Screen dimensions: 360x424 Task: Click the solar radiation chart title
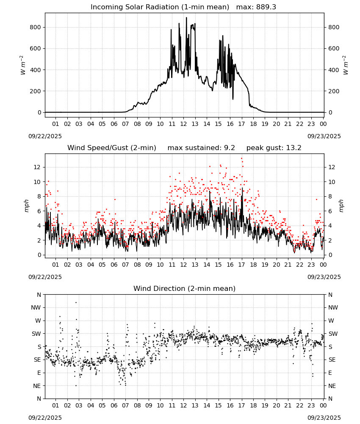coord(160,7)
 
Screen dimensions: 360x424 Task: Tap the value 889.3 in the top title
coord(266,7)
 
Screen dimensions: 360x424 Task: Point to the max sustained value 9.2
coord(230,148)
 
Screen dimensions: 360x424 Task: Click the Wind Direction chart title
coord(185,288)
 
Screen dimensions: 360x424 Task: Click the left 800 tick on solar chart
coord(36,27)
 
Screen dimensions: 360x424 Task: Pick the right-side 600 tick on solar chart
coord(334,49)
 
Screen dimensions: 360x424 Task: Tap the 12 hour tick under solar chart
coord(184,124)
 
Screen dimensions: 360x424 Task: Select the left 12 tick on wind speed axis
coord(37,167)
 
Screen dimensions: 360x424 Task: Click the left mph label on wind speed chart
coord(26,206)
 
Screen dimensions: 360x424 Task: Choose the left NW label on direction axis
coord(36,307)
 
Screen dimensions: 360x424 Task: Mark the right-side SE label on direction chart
coord(332,360)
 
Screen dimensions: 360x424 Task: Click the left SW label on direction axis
coord(36,334)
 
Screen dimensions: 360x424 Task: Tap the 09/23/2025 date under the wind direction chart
coord(324,418)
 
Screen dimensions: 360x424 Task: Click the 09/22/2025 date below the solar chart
coord(45,136)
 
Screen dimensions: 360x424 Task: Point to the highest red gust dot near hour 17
coord(242,159)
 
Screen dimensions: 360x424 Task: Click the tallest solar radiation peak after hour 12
coord(186,17)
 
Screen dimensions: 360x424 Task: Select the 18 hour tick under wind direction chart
coord(253,405)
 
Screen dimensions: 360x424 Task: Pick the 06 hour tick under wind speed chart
coord(114,265)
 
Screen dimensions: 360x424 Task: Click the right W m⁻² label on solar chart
coord(346,65)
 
